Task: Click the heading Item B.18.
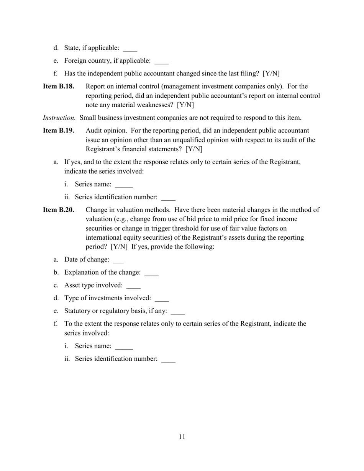point(58,87)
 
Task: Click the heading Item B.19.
point(58,131)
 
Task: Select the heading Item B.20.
point(58,210)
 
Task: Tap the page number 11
point(182,437)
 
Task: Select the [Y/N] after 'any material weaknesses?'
point(185,105)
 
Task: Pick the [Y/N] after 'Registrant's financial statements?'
point(194,149)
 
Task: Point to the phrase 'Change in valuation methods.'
point(128,210)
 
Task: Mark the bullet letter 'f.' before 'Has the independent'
point(56,74)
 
